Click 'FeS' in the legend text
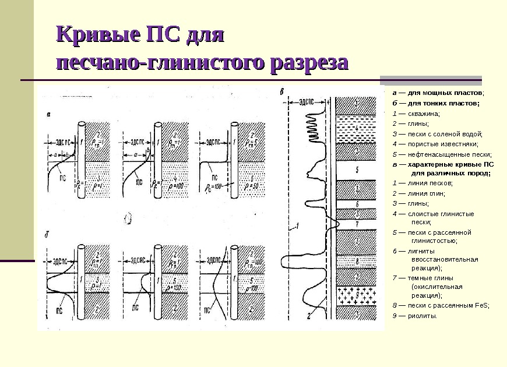pos(481,305)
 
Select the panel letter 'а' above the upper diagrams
pos(48,115)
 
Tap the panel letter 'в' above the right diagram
pos(283,91)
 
